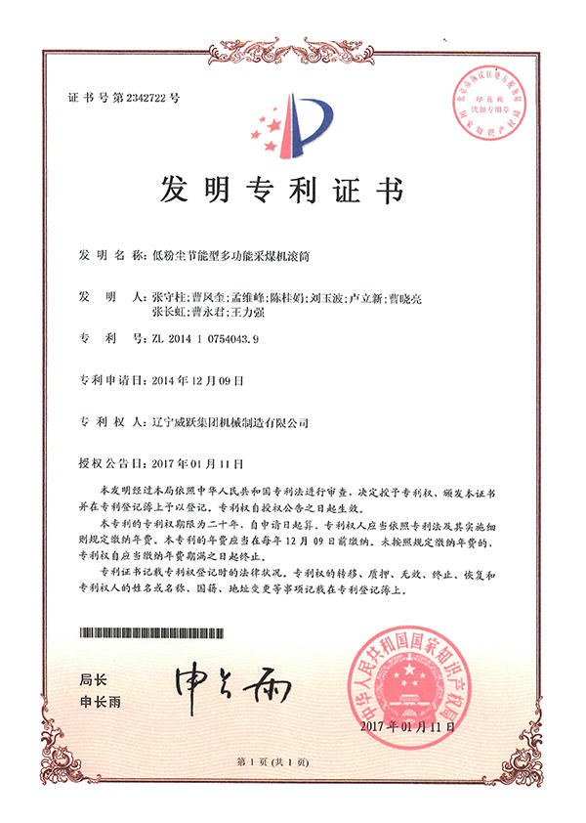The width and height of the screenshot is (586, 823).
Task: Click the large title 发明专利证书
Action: point(293,190)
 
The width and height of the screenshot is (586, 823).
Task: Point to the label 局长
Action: point(91,678)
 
